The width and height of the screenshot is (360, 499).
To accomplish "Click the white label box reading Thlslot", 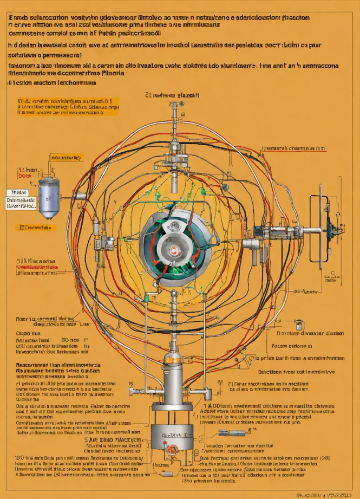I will click(19, 192).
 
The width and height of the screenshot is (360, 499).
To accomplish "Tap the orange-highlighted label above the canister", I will click(66, 158).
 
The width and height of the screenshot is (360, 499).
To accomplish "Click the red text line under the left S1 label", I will click(37, 267).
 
